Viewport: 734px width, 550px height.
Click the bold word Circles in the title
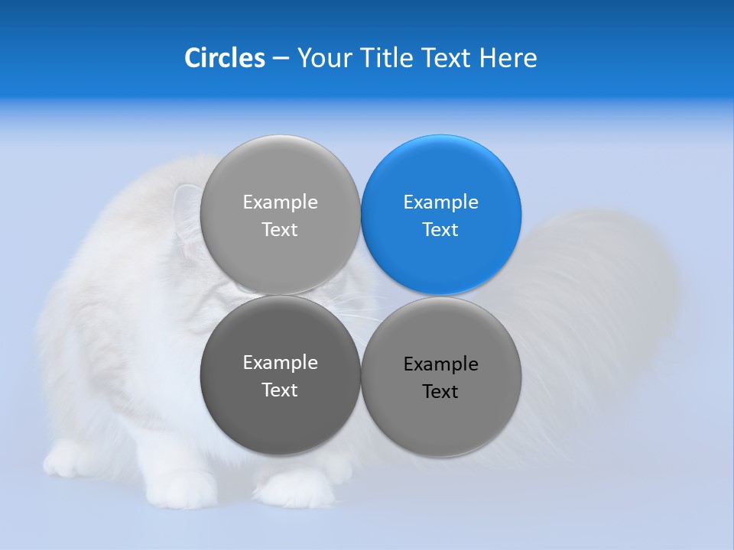(x=225, y=58)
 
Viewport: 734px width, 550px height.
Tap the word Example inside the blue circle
(x=440, y=202)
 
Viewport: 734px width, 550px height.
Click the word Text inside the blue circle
(x=440, y=230)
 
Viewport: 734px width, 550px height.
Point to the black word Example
(x=440, y=364)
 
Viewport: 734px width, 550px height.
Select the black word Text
(x=440, y=392)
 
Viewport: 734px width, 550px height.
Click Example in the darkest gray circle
(x=280, y=363)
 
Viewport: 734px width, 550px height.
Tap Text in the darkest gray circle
(x=280, y=390)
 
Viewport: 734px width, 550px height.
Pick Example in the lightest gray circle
(x=280, y=202)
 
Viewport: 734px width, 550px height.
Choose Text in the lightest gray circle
(x=280, y=230)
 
